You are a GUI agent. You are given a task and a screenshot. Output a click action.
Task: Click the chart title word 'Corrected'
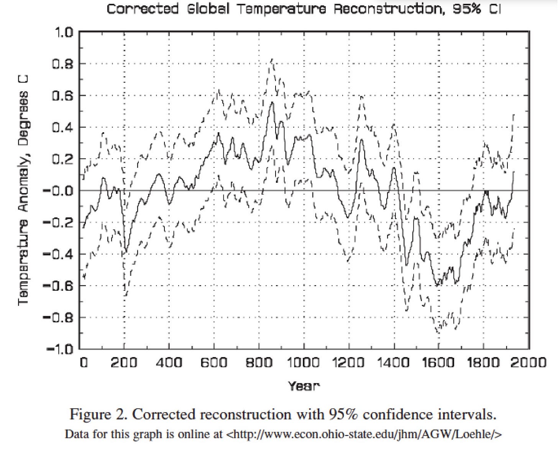point(142,9)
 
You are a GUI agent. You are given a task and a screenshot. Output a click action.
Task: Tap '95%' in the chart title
point(467,9)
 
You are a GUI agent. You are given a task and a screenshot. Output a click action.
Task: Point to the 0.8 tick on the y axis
point(62,64)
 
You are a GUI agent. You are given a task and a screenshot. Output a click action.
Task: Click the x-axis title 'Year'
point(304,386)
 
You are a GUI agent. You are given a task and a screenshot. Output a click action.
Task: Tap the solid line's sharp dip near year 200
point(125,253)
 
